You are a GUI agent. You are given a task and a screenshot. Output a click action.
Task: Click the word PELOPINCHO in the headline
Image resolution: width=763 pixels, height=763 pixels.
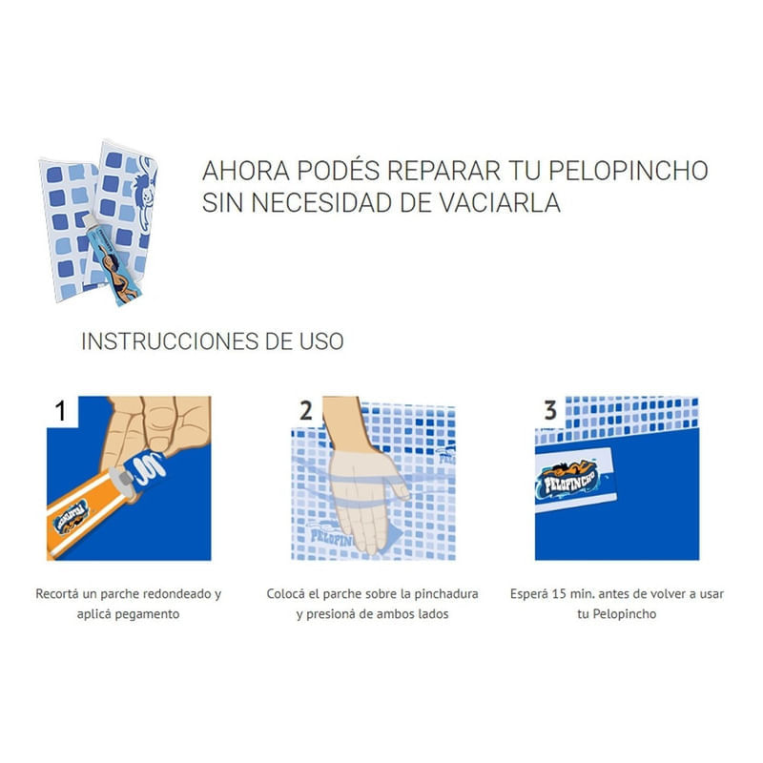(629, 171)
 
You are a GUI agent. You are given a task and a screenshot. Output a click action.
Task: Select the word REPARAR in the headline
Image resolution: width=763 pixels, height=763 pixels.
(443, 171)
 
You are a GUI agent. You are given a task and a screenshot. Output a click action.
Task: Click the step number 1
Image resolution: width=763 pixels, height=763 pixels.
(60, 411)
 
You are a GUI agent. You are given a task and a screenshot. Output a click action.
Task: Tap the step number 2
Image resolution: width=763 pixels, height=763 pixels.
(306, 411)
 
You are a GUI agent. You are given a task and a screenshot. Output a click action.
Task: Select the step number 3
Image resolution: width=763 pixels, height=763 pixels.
(550, 411)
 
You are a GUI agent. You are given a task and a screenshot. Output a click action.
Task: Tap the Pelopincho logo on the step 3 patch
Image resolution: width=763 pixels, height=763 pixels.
(568, 480)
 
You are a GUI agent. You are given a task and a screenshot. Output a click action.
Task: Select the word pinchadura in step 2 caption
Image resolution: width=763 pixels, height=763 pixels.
(446, 594)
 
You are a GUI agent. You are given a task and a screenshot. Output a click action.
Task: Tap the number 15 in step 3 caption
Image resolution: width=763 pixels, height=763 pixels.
(561, 594)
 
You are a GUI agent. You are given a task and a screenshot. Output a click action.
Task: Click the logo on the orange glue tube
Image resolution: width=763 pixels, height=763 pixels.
(72, 518)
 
